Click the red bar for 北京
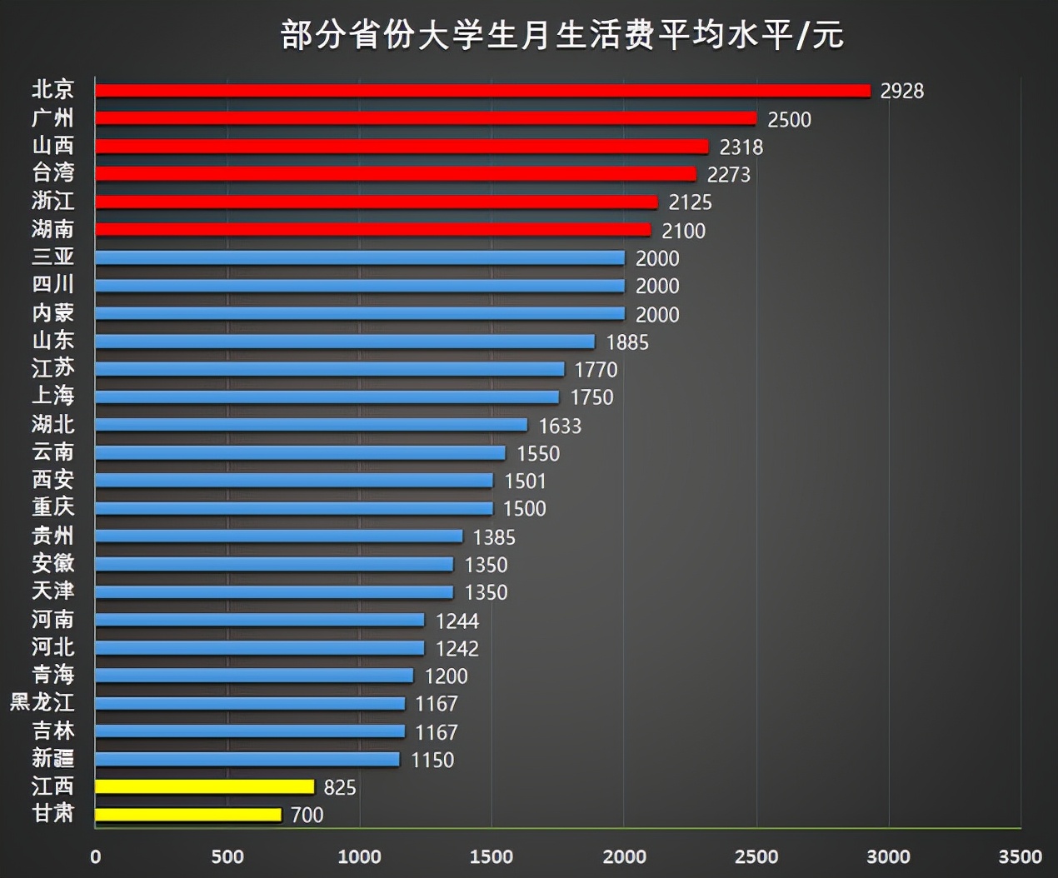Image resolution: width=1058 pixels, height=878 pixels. (x=482, y=90)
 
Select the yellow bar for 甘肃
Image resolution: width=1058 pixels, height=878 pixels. (x=188, y=815)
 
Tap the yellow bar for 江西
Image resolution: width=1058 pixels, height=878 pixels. (x=204, y=786)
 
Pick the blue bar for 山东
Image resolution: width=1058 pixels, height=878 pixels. (x=345, y=342)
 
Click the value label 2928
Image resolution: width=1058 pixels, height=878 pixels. (x=902, y=91)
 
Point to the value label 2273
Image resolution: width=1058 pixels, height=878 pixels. (x=729, y=175)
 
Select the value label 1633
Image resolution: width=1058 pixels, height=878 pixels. (x=560, y=427)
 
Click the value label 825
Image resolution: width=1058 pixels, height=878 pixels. (x=340, y=788)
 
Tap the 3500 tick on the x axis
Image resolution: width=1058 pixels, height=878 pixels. (x=1021, y=857)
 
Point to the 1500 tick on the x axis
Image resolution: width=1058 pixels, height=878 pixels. (x=492, y=857)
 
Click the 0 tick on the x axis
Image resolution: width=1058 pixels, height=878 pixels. (x=96, y=857)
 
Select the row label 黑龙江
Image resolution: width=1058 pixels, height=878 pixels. (x=42, y=702)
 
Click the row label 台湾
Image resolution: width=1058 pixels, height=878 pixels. (x=53, y=172)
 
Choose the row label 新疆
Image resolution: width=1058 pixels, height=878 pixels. (x=53, y=758)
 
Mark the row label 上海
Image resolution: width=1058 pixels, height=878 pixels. (x=53, y=396)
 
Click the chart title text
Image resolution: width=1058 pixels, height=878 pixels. (x=562, y=36)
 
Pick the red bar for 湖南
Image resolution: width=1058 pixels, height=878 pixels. (x=372, y=229)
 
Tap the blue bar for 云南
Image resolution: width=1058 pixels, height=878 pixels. (x=300, y=453)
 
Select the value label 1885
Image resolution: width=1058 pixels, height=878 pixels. (x=627, y=342)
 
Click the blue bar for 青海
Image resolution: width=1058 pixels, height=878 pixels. (x=254, y=676)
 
